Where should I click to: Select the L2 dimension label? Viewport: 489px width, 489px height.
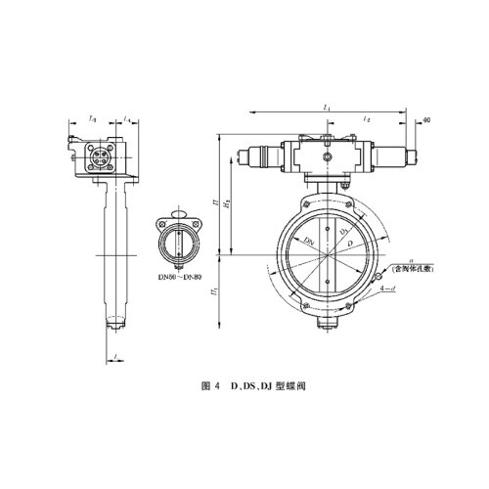(x=367, y=118)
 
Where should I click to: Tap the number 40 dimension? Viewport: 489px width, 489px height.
(x=427, y=120)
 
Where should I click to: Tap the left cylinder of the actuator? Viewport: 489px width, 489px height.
(x=258, y=155)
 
